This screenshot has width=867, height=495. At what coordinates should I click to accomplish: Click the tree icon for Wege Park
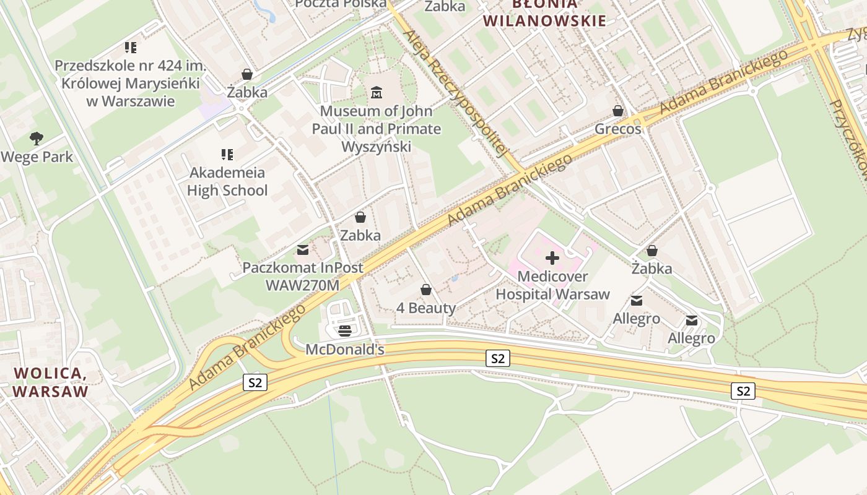pyautogui.click(x=37, y=139)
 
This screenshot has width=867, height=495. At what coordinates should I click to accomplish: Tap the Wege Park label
pyautogui.click(x=37, y=157)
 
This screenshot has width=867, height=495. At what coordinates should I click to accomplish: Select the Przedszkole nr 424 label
pyautogui.click(x=130, y=83)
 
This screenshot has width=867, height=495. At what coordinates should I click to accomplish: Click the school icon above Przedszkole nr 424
pyautogui.click(x=130, y=47)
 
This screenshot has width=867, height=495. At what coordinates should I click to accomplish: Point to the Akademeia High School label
pyautogui.click(x=227, y=181)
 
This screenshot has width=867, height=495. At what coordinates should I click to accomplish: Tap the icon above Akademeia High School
pyautogui.click(x=227, y=154)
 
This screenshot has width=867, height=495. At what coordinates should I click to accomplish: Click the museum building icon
pyautogui.click(x=376, y=93)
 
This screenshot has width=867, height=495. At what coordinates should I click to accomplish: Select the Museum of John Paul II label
pyautogui.click(x=376, y=129)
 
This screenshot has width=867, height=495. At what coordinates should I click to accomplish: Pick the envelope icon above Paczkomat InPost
pyautogui.click(x=303, y=250)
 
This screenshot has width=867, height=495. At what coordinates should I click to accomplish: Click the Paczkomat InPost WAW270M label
pyautogui.click(x=303, y=277)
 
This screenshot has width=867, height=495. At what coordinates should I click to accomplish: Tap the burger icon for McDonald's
pyautogui.click(x=345, y=330)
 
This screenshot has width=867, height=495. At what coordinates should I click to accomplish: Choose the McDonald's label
pyautogui.click(x=345, y=350)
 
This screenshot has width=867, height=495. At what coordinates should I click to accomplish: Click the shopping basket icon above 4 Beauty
pyautogui.click(x=426, y=290)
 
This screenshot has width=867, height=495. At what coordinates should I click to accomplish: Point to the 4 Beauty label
pyautogui.click(x=426, y=308)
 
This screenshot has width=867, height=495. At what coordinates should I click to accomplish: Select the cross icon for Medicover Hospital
pyautogui.click(x=552, y=258)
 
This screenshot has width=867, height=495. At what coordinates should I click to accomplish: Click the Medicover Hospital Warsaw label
pyautogui.click(x=552, y=285)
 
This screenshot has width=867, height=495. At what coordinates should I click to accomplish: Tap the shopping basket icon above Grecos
pyautogui.click(x=618, y=111)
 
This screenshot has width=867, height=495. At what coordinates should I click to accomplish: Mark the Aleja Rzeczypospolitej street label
pyautogui.click(x=455, y=93)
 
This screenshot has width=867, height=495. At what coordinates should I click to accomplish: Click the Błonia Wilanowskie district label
pyautogui.click(x=544, y=12)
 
